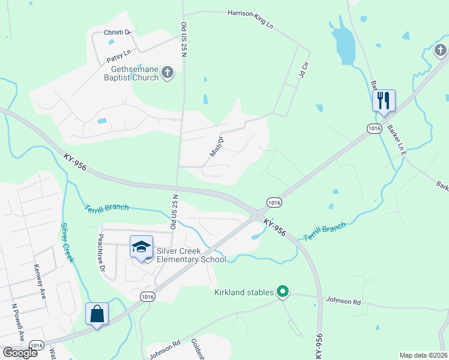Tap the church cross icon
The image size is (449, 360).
click(167, 73)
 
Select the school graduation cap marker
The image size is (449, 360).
click(142, 248)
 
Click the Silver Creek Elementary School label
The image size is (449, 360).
click(191, 255)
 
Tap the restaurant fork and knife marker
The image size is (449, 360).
click(384, 100)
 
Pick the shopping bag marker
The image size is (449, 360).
click(97, 314)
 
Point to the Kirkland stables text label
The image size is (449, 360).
click(244, 293)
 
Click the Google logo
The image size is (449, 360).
click(20, 353)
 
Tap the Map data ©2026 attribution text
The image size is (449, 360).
click(423, 355)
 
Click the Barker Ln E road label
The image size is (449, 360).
click(397, 137)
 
